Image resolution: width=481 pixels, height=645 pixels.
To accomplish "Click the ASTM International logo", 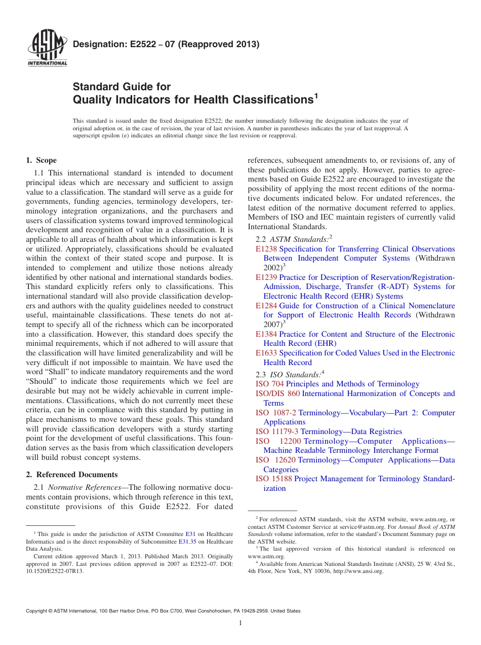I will coord(47,49).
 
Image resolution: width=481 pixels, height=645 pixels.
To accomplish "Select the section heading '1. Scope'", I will coord(42,160).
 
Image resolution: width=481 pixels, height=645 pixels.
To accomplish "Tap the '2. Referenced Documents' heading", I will coord(72,475).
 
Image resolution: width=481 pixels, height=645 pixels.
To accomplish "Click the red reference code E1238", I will coord(266,249).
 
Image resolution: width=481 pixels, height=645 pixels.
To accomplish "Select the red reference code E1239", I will coord(266,277).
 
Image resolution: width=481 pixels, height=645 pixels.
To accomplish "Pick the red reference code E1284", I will coord(266,306).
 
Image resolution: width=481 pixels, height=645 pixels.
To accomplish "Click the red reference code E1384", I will coord(266,334).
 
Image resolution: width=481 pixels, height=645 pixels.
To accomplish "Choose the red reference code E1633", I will coord(266,353).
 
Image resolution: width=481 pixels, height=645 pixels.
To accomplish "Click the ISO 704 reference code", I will coord(270,384).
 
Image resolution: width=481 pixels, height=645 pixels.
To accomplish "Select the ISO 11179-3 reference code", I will coord(277,432).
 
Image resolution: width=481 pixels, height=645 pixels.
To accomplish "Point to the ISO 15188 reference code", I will coord(274,479).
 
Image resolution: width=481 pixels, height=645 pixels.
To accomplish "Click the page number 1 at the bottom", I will coord(240,623).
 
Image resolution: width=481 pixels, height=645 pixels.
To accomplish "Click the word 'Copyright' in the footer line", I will coord(37,611).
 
